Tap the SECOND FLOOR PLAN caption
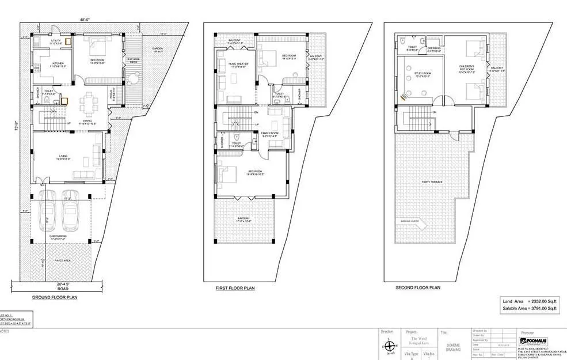point(418,287)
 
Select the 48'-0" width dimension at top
point(86,20)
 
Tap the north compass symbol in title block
point(390,347)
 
